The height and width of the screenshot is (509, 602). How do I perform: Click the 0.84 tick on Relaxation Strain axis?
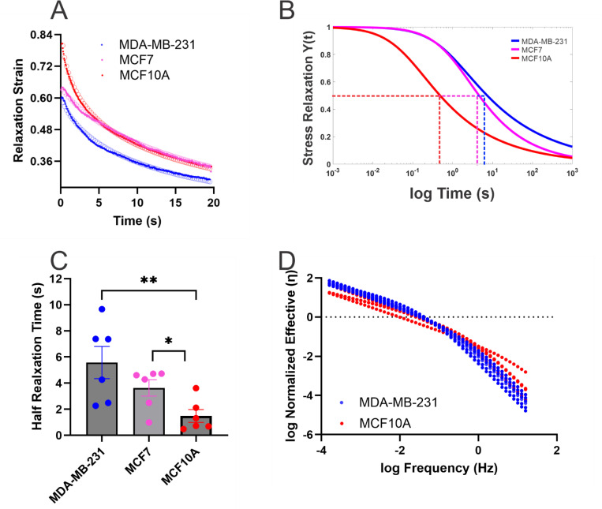(x=41, y=35)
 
